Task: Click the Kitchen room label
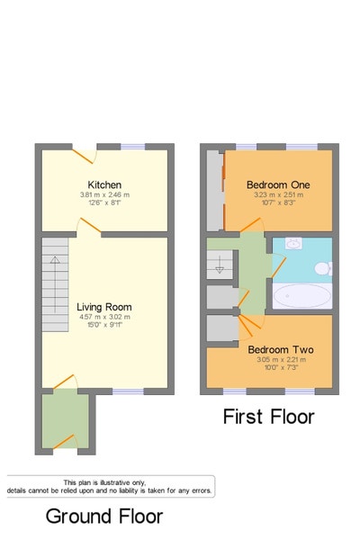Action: pyautogui.click(x=104, y=184)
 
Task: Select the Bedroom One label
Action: pyautogui.click(x=278, y=184)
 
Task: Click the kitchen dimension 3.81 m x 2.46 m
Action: pyautogui.click(x=104, y=195)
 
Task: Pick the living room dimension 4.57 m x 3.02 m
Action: pyautogui.click(x=104, y=317)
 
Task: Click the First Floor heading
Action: pyautogui.click(x=269, y=417)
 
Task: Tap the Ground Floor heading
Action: pyautogui.click(x=104, y=517)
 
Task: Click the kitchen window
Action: pyautogui.click(x=133, y=145)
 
